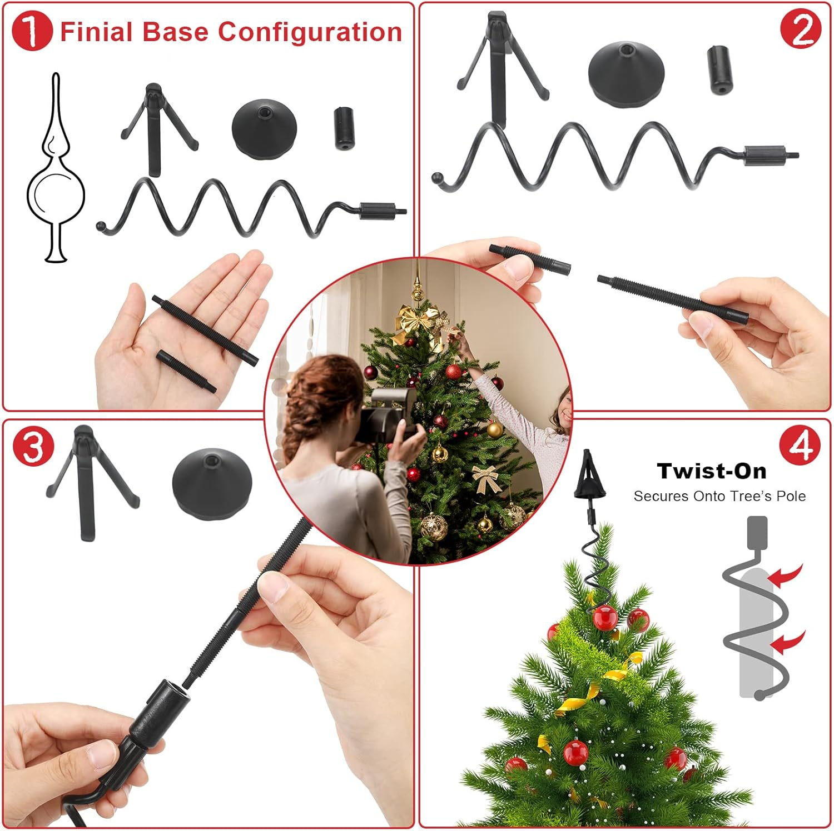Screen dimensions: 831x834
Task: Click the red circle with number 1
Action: (x=32, y=32)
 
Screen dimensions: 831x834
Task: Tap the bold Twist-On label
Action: (x=712, y=471)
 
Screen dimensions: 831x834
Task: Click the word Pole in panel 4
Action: (x=791, y=496)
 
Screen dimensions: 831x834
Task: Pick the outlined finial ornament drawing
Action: (x=56, y=178)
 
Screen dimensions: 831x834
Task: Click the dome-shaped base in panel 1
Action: (x=264, y=129)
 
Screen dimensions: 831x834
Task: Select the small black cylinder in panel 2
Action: (x=720, y=70)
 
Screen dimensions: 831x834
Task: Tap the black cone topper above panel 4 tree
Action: (x=587, y=478)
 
